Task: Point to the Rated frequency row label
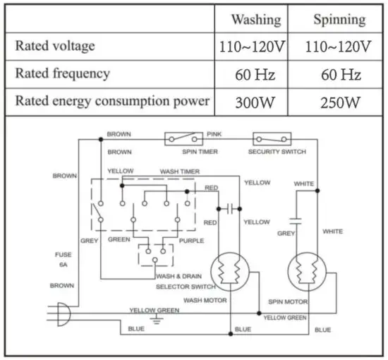(x=63, y=73)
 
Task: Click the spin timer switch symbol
(x=184, y=139)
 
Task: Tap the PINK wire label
(x=214, y=133)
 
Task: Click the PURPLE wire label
(x=190, y=241)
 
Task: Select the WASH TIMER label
(x=179, y=172)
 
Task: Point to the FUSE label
(x=62, y=254)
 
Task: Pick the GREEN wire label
(x=119, y=241)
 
